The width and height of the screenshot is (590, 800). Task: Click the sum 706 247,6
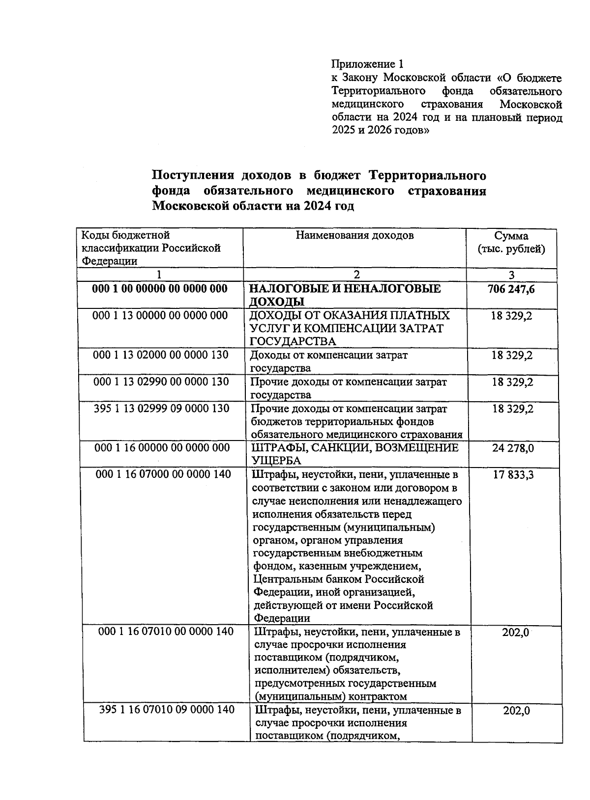[x=511, y=289]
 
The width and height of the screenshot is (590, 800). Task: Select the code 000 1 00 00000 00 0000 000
[x=160, y=289]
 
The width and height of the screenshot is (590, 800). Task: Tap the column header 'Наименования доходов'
[x=354, y=236]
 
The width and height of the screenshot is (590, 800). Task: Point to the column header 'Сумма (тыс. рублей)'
[x=511, y=243]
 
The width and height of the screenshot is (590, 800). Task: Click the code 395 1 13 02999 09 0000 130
[x=161, y=409]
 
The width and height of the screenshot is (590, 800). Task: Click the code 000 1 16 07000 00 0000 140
[x=164, y=474]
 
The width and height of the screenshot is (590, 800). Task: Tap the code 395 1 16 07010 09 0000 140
[x=167, y=710]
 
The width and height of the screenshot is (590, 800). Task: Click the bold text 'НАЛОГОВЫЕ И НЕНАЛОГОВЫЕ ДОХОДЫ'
[x=346, y=295]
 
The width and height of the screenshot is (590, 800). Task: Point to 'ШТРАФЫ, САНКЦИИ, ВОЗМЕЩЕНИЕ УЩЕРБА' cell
[x=355, y=454]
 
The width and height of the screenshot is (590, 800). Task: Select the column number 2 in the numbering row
[x=356, y=275]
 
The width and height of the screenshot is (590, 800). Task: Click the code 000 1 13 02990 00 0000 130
[x=161, y=382]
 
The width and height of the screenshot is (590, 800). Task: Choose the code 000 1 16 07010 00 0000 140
[x=166, y=632]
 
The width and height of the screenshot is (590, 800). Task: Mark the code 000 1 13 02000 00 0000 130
[x=160, y=355]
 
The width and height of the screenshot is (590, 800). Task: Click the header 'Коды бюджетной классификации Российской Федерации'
[x=151, y=248]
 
